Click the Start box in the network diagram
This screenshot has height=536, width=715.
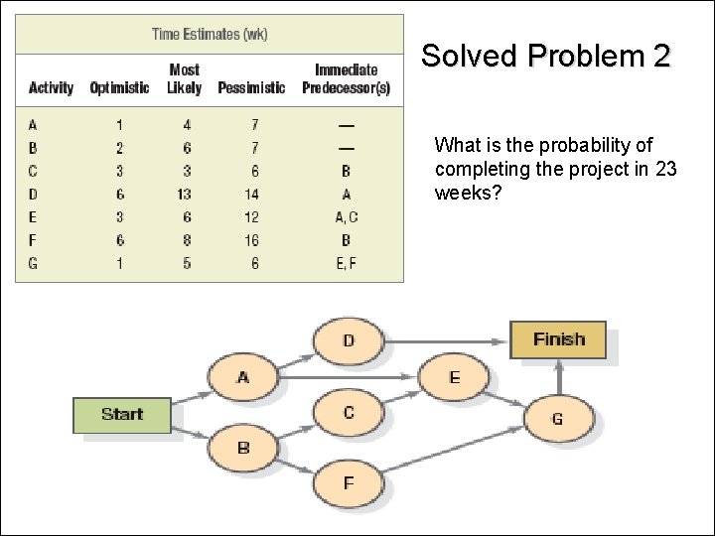coord(122,415)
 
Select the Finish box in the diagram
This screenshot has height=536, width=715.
coord(558,339)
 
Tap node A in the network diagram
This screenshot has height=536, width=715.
coord(243,377)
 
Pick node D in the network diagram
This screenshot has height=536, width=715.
coord(349,340)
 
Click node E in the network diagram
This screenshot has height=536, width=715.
coord(455,377)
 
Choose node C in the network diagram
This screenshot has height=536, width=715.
coord(349,411)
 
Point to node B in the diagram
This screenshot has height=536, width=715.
coord(243,448)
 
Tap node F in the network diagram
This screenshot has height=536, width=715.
coord(349,483)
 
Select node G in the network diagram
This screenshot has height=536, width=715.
coord(557,419)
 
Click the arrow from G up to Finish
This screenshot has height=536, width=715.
coord(559,377)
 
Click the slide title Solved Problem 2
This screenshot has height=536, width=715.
coord(546,56)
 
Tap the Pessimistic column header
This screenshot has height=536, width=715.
coord(251,87)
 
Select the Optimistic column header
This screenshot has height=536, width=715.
coord(119,87)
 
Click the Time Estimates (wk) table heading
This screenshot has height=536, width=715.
coord(210,34)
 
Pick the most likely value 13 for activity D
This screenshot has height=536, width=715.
coord(185,194)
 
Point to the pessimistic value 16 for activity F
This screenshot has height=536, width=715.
coord(251,239)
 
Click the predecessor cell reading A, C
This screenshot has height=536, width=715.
coord(346,216)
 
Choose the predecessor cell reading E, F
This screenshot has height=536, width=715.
coord(346,263)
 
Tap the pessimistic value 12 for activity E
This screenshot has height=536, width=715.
coord(251,216)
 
